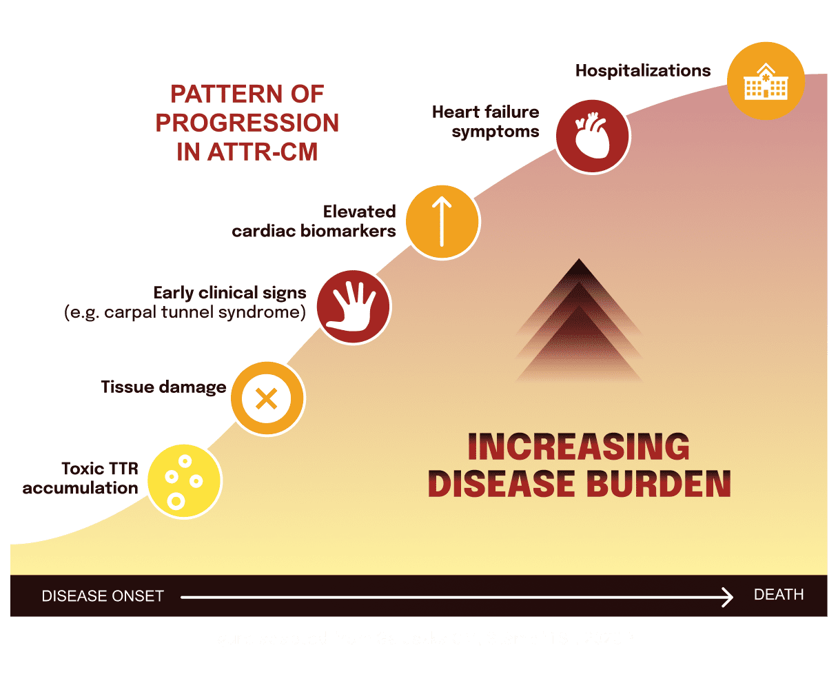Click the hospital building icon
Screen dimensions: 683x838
[x=766, y=81]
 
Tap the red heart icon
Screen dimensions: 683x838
[x=592, y=135]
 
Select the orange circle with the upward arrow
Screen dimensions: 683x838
[x=442, y=222]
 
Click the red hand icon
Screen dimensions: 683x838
[x=354, y=306]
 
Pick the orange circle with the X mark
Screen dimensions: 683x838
[x=267, y=398]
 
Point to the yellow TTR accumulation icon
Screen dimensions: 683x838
[x=184, y=481]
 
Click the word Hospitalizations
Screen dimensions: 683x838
[x=643, y=70]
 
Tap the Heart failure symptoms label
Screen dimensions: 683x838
[x=485, y=121]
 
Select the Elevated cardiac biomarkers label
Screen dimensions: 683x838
[x=314, y=221]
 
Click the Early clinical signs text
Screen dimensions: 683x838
[x=229, y=293]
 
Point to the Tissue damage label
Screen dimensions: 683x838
[x=163, y=387]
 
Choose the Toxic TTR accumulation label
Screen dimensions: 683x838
[x=81, y=478]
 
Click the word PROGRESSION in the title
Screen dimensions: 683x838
[x=247, y=123]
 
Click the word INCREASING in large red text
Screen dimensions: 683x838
[x=578, y=447]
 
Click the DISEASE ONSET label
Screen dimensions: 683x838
[x=103, y=596]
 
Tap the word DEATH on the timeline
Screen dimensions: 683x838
[x=779, y=595]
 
